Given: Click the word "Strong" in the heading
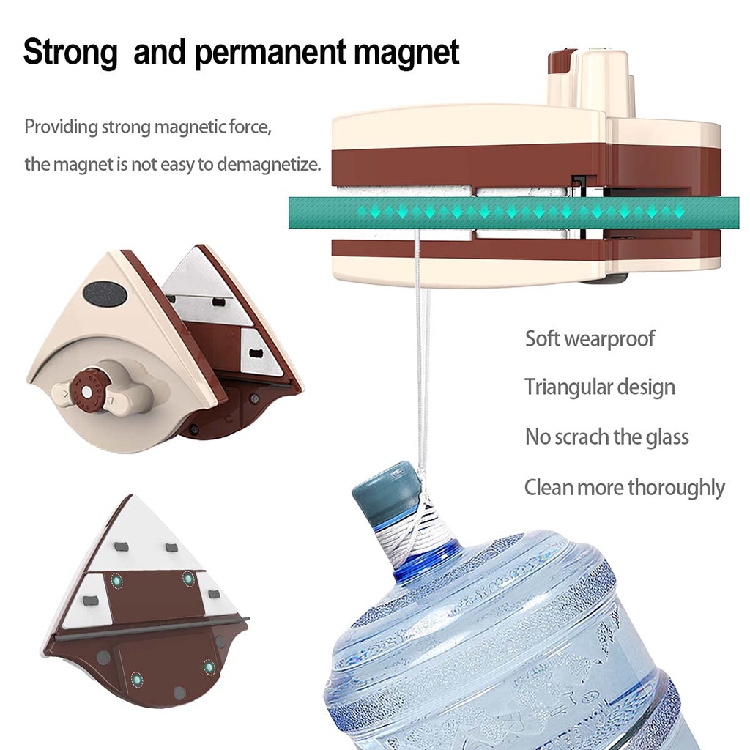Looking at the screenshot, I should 70,53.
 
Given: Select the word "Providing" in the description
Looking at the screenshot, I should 61,127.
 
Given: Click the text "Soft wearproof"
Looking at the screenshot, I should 590,338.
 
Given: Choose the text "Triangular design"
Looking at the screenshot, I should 599,387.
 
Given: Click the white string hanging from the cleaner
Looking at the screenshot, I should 420,366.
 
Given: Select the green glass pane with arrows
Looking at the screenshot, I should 505,212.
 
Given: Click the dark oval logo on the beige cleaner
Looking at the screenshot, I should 105,293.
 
